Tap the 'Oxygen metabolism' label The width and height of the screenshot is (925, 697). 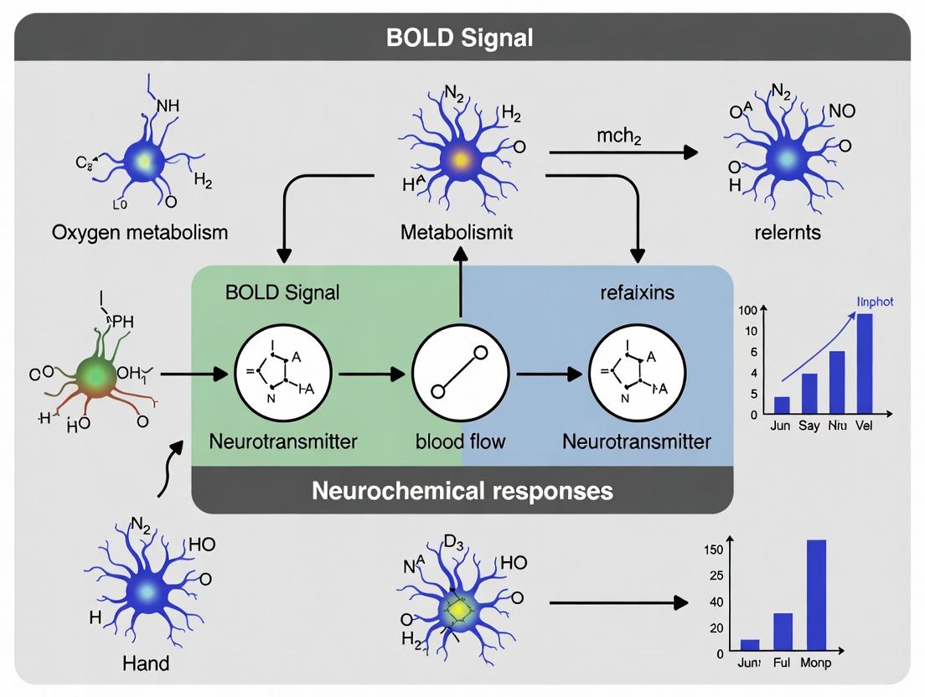point(140,231)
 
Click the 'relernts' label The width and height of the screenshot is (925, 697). point(787,231)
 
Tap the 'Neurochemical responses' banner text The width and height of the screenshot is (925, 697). point(462,490)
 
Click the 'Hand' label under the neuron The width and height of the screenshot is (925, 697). point(145,663)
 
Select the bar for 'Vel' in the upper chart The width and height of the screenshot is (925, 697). point(864,364)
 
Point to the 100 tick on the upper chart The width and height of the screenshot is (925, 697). point(748,311)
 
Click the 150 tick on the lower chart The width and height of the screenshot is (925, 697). point(714,550)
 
